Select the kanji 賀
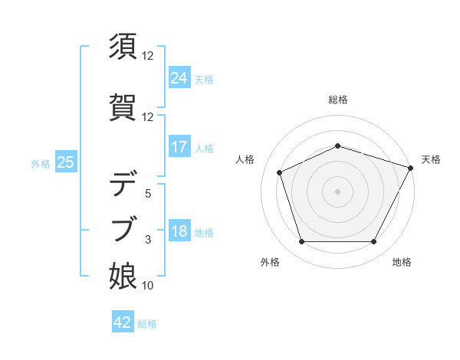124,105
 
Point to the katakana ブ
124,227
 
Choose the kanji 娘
124,276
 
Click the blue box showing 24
179,77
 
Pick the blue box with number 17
179,147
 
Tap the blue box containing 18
179,231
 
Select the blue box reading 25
66,162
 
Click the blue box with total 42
123,322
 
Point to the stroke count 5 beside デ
148,194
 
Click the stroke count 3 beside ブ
148,240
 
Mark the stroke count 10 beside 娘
148,286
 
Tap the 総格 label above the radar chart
338,100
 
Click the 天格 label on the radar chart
431,159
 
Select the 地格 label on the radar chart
402,262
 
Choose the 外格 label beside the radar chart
270,262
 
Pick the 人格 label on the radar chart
245,159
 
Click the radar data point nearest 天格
412,167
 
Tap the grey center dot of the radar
337,191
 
